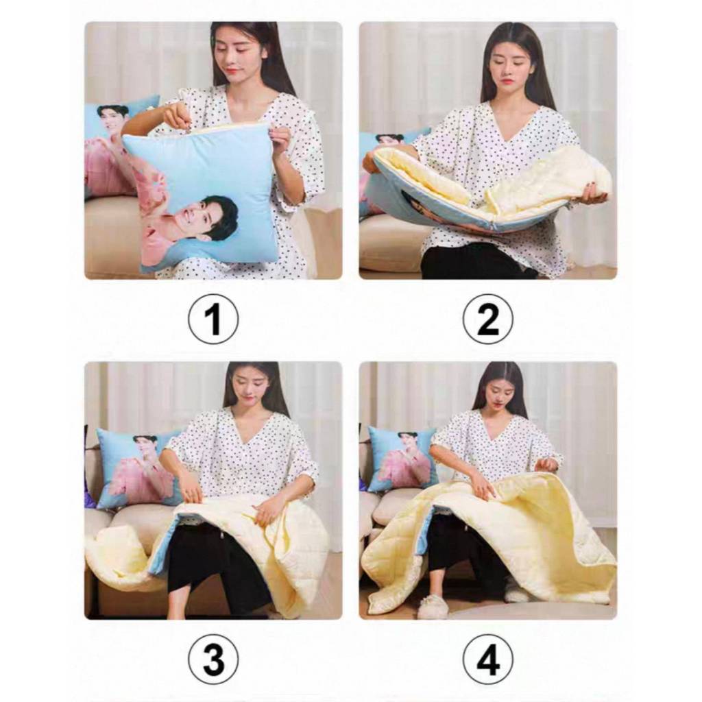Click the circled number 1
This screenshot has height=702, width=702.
[213, 319]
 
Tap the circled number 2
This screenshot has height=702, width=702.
[487, 319]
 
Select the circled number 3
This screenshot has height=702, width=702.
[213, 659]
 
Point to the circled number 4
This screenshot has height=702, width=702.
[487, 659]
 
